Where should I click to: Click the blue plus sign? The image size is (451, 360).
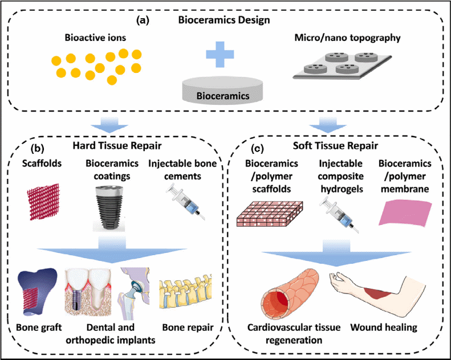click(x=219, y=59)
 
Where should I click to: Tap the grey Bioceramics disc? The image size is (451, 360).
click(x=223, y=92)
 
